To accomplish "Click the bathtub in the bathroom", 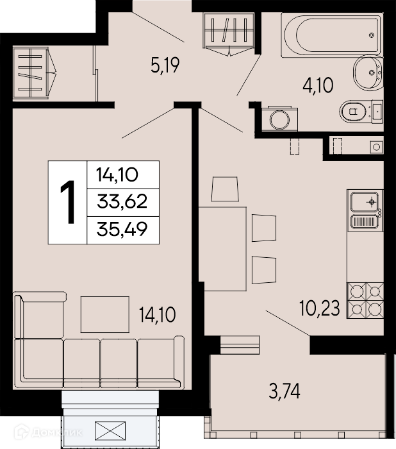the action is click(331, 35).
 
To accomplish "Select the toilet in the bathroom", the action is click(361, 112).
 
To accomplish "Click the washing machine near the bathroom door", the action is click(279, 119).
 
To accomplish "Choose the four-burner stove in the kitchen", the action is click(365, 300).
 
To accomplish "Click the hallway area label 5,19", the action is click(165, 65).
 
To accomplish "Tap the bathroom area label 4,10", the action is click(318, 85).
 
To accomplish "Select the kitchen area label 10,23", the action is click(320, 308).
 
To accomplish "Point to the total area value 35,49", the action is click(122, 230).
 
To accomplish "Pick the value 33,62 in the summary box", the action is click(122, 201).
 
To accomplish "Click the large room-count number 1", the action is click(68, 201).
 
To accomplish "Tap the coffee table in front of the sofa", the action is click(104, 314).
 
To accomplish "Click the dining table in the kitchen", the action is click(222, 249).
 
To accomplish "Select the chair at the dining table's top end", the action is click(225, 189).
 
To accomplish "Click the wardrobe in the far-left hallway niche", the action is click(35, 74).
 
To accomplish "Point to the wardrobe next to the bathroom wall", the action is click(229, 33).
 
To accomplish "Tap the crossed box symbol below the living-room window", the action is click(110, 431).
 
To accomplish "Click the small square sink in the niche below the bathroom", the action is click(377, 147).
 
